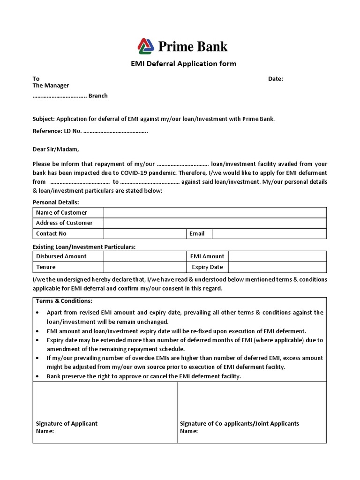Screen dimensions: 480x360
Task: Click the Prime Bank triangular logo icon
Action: (145, 46)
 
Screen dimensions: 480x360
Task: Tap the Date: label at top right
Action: (275, 79)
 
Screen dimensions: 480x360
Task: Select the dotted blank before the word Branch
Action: (60, 96)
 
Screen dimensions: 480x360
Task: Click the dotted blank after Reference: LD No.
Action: (115, 131)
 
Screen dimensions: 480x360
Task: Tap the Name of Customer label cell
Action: (68, 212)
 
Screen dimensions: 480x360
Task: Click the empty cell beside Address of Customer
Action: (215, 223)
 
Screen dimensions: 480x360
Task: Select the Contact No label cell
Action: (68, 233)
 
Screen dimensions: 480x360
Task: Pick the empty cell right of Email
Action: (269, 233)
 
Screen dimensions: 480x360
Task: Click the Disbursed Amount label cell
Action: (68, 256)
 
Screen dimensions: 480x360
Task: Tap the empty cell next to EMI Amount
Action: (277, 256)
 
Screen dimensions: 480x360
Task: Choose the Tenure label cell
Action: (68, 267)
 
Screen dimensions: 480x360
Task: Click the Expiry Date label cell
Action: (207, 267)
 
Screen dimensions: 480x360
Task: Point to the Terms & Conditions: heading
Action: (64, 301)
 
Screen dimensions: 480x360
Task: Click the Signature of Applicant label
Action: (67, 423)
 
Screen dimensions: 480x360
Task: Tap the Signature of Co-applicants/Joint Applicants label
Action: (239, 423)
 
